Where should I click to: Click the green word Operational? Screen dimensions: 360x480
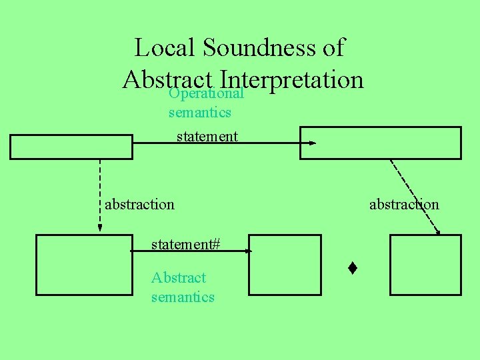[206, 93]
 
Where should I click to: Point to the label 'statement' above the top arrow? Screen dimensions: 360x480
[207, 137]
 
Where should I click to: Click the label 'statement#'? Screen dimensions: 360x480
[186, 244]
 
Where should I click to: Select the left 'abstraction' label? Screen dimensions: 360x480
[139, 204]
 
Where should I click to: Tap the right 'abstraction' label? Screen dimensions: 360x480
[404, 204]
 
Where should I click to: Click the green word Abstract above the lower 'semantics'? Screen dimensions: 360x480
[179, 277]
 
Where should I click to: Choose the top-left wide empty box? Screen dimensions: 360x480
[71, 147]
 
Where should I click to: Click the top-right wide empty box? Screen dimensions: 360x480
[380, 143]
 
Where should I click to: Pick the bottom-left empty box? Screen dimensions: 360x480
[84, 265]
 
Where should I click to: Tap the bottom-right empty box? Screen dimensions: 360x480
[425, 265]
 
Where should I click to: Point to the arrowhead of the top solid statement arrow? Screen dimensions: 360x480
[313, 143]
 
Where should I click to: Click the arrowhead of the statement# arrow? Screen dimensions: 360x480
[249, 251]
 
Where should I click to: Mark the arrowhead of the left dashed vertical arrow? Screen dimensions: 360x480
[100, 227]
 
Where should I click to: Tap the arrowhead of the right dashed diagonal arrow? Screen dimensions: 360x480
[437, 231]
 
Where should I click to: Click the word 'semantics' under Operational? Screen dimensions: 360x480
[200, 112]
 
